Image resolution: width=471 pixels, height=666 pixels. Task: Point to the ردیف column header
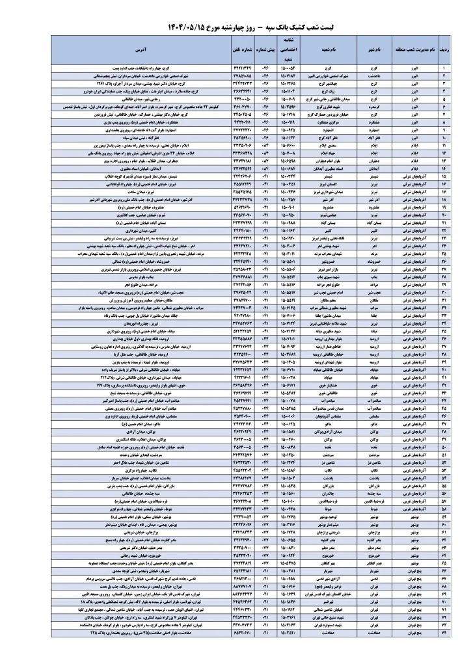445,49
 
